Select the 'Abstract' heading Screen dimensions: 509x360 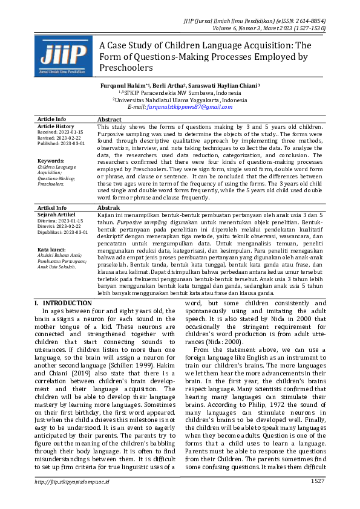tap(110, 120)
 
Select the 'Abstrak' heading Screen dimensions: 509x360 tap(109, 207)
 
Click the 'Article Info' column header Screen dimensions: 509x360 tap(52, 119)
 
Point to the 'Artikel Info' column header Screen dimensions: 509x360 tap(52, 207)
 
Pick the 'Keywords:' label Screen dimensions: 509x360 tap(51, 161)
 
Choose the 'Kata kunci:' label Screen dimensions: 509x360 tap(51, 249)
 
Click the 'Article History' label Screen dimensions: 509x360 tap(56, 126)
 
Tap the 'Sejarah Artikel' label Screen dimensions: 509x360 tap(56, 214)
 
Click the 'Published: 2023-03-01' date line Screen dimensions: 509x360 tap(61, 143)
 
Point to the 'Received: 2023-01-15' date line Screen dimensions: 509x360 tap(61, 131)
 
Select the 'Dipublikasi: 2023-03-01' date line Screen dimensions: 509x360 tap(62, 232)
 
